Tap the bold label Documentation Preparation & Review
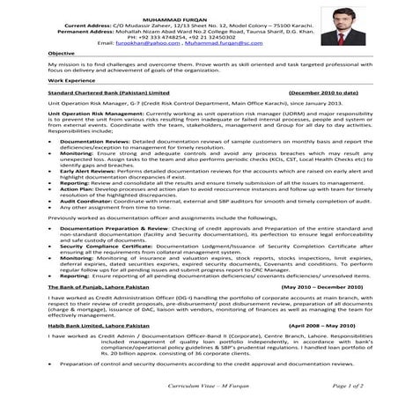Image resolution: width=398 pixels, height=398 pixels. (x=110, y=227)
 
